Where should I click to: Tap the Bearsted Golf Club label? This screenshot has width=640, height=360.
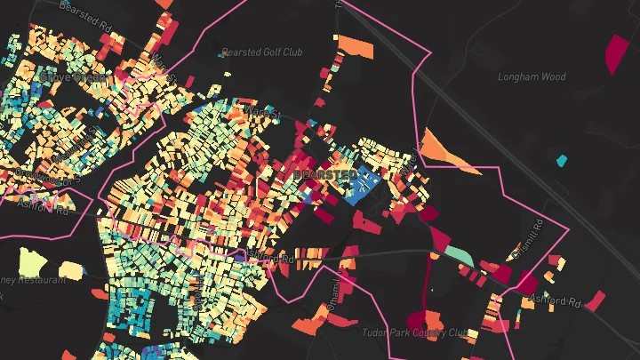point(262,52)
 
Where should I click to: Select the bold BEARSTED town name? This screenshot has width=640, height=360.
point(324,173)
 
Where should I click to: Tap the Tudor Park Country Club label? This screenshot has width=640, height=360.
point(414,332)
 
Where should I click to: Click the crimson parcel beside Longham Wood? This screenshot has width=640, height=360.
point(615,53)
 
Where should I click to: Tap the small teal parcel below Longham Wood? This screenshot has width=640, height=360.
point(561,161)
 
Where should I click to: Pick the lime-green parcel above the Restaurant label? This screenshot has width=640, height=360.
point(33,262)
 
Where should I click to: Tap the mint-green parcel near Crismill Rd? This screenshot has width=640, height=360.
point(460,254)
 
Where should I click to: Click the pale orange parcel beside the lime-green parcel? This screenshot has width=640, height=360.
point(69,269)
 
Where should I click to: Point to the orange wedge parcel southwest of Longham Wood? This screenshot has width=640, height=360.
point(444,149)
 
